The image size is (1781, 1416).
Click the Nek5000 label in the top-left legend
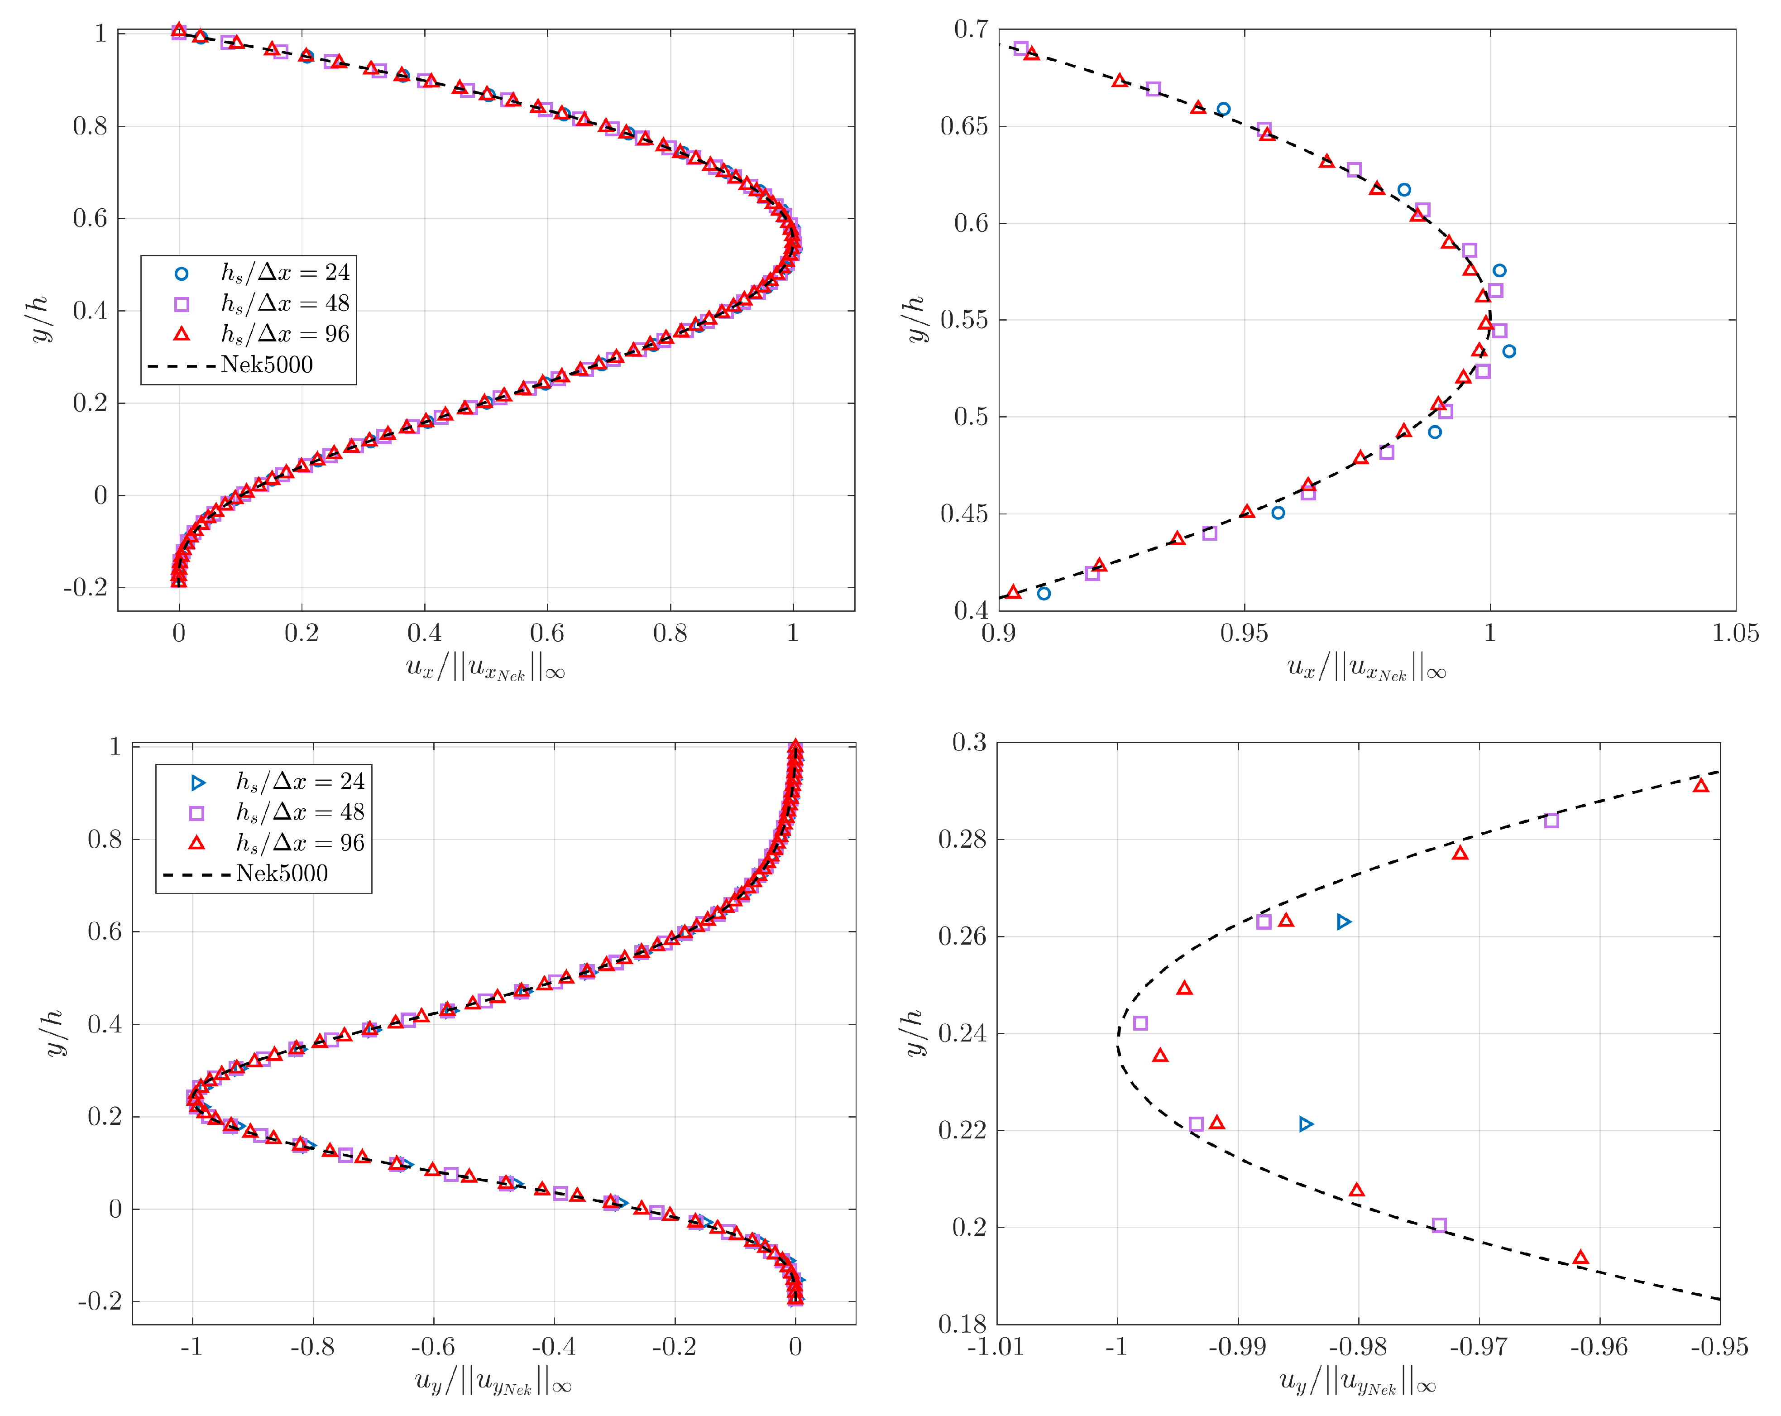click(x=267, y=365)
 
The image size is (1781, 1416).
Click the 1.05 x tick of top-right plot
click(x=1735, y=634)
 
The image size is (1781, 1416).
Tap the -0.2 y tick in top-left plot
click(x=86, y=588)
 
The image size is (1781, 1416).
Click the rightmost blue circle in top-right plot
click(x=1509, y=351)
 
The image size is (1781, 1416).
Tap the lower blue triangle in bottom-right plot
click(x=1306, y=1124)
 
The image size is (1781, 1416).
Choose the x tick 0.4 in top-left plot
click(x=424, y=634)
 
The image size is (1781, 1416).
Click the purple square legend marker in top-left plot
click(x=182, y=304)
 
